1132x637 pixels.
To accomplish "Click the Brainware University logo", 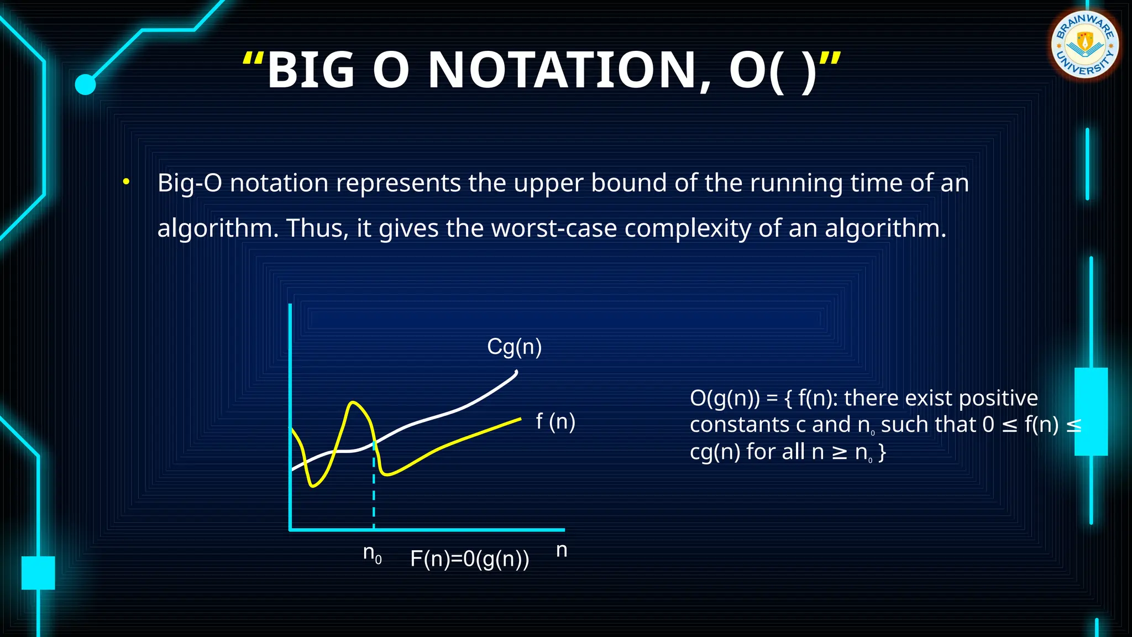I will (1084, 44).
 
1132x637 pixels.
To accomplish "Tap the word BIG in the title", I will (310, 70).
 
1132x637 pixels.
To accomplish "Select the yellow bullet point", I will (127, 181).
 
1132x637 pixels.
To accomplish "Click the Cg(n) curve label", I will (514, 347).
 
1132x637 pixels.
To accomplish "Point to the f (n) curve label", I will (555, 421).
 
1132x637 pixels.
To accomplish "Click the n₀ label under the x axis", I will (372, 553).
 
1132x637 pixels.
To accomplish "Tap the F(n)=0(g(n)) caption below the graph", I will (469, 558).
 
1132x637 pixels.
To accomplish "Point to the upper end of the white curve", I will (515, 374).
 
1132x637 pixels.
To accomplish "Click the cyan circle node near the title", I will (85, 85).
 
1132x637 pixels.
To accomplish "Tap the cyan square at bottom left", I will (38, 572).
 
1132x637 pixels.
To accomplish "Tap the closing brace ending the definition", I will (882, 452).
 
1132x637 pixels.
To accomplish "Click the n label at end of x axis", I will (562, 550).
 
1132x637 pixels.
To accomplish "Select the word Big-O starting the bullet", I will (190, 182).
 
